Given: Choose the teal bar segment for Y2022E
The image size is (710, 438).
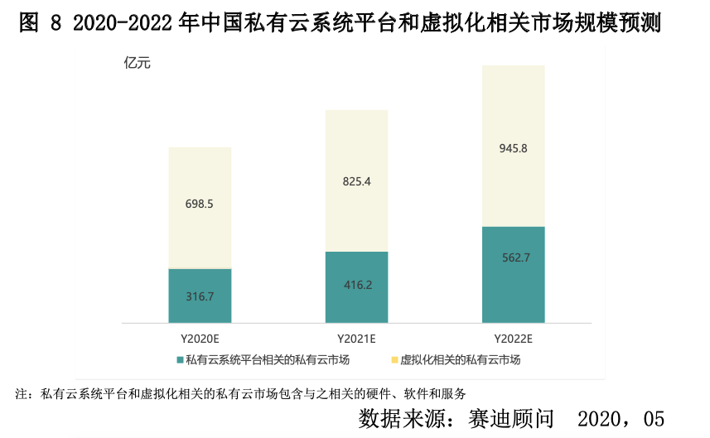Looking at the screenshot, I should [514, 286].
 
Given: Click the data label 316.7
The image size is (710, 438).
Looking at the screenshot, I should [200, 296].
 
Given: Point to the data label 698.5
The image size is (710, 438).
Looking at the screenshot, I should [200, 203].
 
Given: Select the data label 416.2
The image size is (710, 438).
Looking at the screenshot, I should [357, 285].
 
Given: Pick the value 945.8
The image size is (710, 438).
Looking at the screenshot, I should [514, 149].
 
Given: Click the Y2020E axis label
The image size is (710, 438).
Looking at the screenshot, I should [200, 339].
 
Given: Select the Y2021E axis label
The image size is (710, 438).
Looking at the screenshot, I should [357, 339].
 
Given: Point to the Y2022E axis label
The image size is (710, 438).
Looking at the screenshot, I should [514, 339].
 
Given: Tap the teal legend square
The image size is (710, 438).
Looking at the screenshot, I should [180, 359].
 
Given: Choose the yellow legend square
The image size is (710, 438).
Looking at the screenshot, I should [394, 359].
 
